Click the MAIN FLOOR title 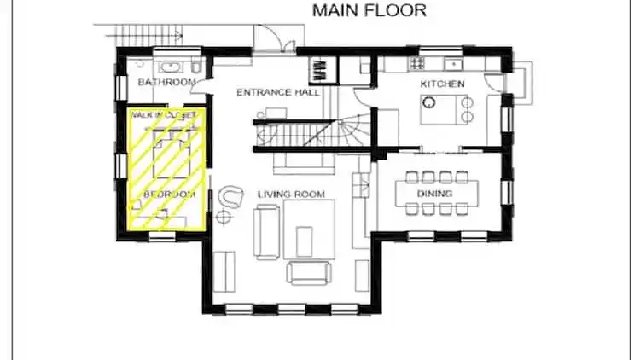(369, 10)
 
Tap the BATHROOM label (166, 82)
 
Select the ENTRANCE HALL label (278, 92)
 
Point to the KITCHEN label (442, 84)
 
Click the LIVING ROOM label (291, 194)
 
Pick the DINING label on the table (434, 193)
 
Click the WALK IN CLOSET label (163, 115)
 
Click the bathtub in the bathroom (172, 67)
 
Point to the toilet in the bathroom (196, 67)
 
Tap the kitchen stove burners (417, 63)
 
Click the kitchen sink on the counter (453, 65)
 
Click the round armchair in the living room (230, 196)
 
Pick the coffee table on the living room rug (304, 241)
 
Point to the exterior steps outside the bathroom (148, 35)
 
